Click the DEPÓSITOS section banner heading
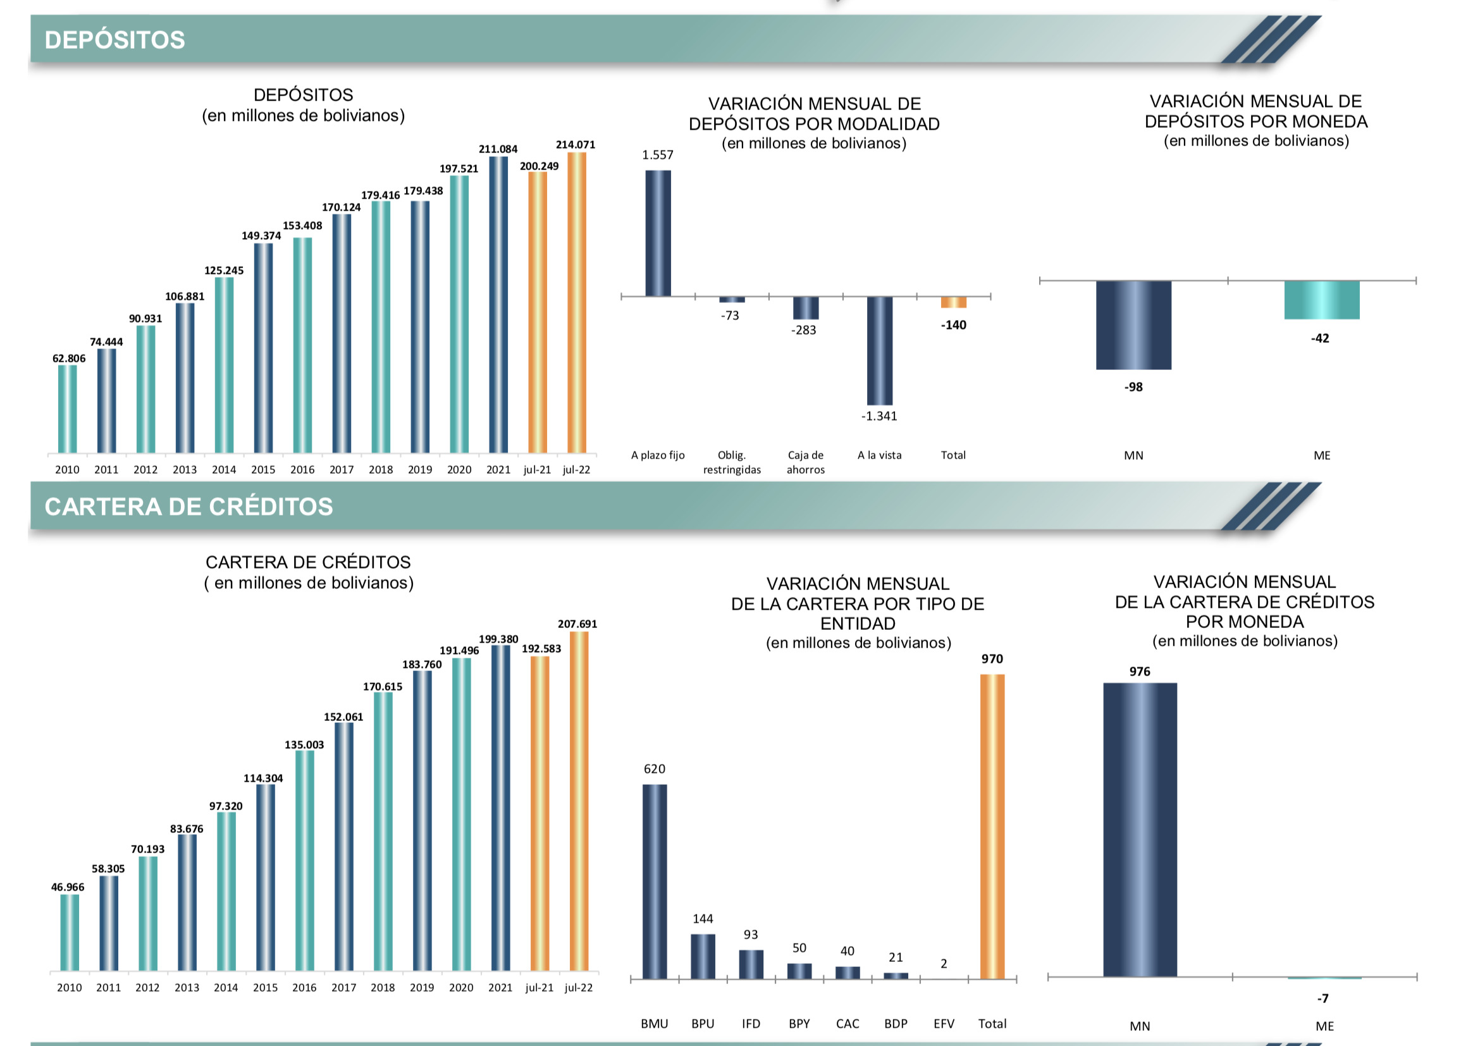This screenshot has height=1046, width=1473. (x=114, y=40)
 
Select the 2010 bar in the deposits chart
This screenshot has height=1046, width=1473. (x=67, y=409)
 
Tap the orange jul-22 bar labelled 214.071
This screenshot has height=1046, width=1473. (x=576, y=303)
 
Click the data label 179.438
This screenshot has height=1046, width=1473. (x=423, y=191)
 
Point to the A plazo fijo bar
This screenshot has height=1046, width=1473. (x=658, y=233)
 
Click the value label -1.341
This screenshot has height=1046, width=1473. (x=878, y=416)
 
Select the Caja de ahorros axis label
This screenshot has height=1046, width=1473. (x=805, y=462)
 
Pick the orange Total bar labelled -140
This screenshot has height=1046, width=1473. (x=953, y=302)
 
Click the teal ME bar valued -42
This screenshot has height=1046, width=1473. (x=1321, y=300)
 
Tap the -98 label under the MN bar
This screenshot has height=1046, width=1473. (x=1133, y=387)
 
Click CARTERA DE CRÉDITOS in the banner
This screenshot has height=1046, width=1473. (x=188, y=507)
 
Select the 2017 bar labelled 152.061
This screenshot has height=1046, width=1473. (x=344, y=846)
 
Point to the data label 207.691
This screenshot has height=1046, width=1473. (x=577, y=624)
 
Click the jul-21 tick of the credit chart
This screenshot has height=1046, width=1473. (x=539, y=987)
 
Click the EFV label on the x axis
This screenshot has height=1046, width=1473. (x=944, y=1023)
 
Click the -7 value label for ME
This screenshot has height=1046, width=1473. (x=1322, y=999)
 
